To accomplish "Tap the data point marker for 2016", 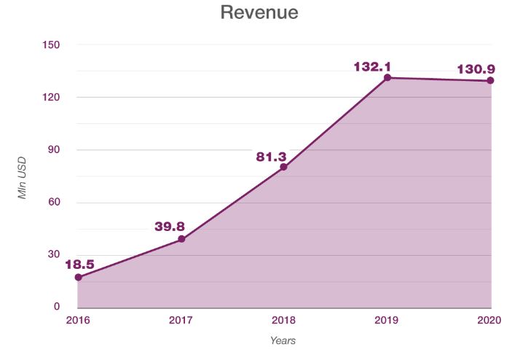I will pyautogui.click(x=78, y=277).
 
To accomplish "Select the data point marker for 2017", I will pyautogui.click(x=181, y=239).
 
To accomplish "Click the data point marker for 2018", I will pyautogui.click(x=283, y=167).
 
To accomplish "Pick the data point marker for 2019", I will pyautogui.click(x=387, y=77).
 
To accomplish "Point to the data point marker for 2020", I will pyautogui.click(x=490, y=80).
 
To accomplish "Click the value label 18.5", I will pyautogui.click(x=79, y=264).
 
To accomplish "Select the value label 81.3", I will pyautogui.click(x=272, y=154).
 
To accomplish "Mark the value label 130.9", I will pyautogui.click(x=477, y=69).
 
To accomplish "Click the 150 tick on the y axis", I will pyautogui.click(x=52, y=45).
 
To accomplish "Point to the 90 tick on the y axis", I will pyautogui.click(x=54, y=150).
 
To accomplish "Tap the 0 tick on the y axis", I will pyautogui.click(x=57, y=307).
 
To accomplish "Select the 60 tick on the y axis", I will pyautogui.click(x=54, y=203).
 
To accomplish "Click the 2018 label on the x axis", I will pyautogui.click(x=283, y=321).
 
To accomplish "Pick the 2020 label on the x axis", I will pyautogui.click(x=489, y=321).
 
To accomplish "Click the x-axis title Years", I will pyautogui.click(x=283, y=340).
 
